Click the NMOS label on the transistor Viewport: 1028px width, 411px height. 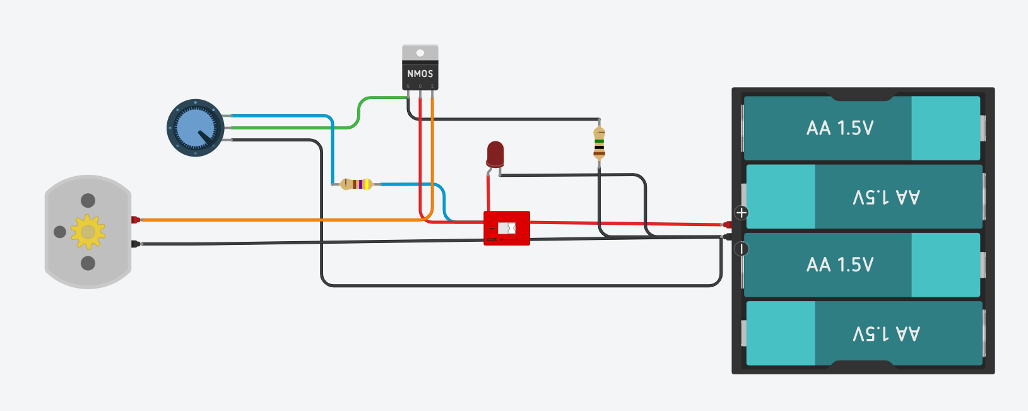tap(420, 74)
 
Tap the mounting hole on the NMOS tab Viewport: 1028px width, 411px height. tap(420, 53)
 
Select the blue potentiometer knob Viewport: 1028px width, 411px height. tap(195, 128)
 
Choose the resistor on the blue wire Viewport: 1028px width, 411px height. tap(357, 184)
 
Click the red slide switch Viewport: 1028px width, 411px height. tap(507, 228)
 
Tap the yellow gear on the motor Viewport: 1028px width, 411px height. tap(88, 232)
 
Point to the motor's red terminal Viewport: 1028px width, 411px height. tap(135, 220)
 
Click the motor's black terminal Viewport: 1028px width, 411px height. tap(135, 244)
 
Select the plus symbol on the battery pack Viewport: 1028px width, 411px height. tap(741, 213)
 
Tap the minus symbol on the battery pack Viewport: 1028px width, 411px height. tap(741, 249)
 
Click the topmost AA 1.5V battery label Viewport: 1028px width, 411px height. tap(840, 128)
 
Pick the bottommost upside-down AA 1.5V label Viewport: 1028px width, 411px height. tap(886, 333)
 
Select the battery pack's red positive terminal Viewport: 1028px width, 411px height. tap(727, 224)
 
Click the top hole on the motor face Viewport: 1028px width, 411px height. tap(88, 201)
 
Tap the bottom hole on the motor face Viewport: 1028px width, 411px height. tap(88, 263)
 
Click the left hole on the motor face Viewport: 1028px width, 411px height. tap(60, 232)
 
